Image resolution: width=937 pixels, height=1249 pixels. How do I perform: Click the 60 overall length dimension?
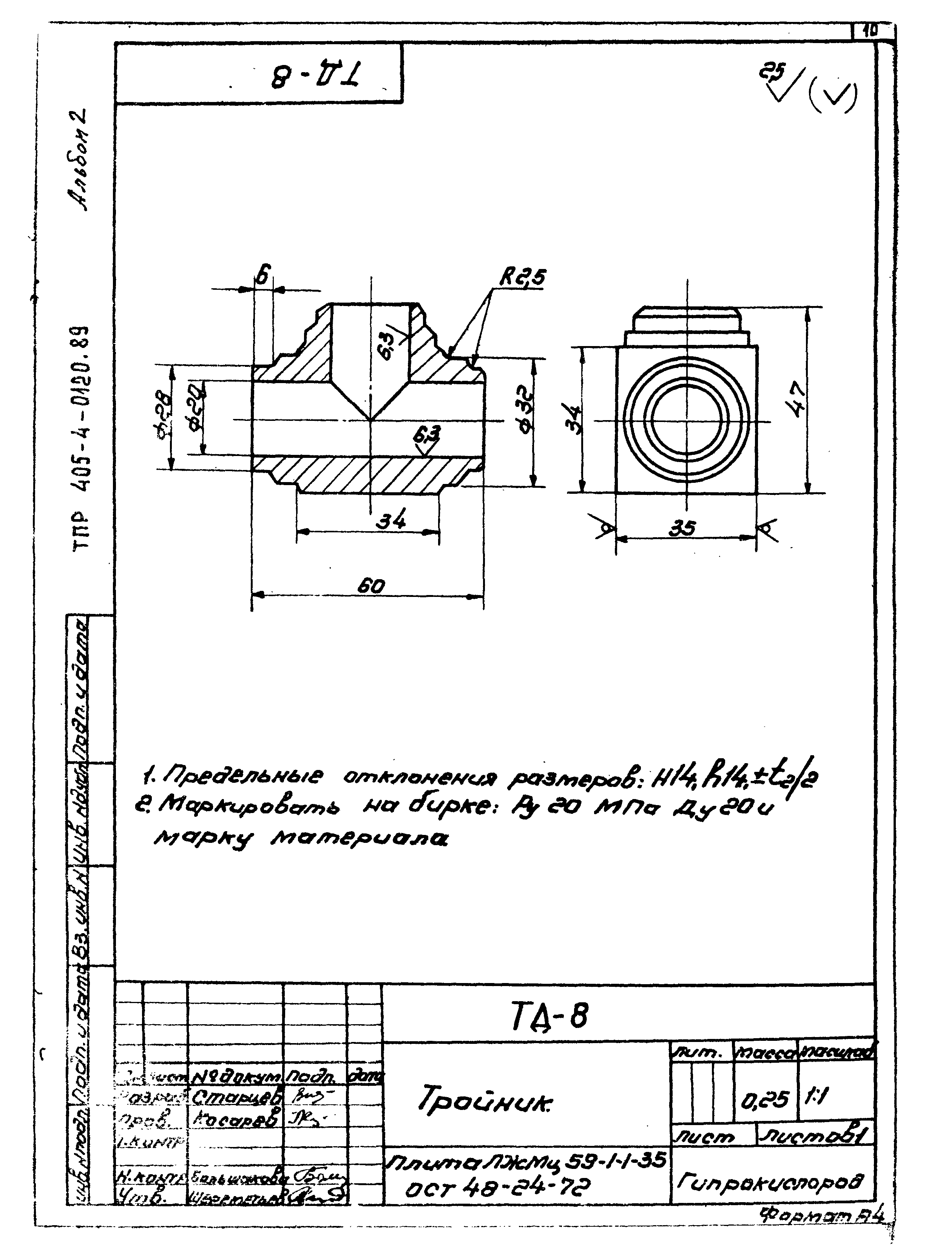pos(370,587)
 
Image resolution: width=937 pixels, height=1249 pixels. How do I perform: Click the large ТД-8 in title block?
pos(550,1017)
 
